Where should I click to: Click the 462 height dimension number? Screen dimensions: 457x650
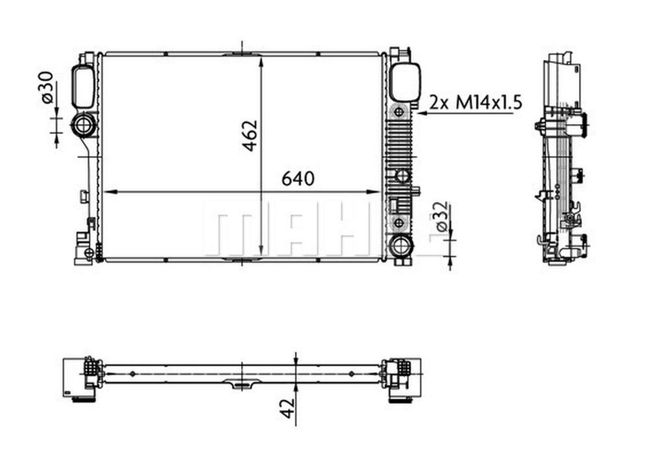click(x=250, y=135)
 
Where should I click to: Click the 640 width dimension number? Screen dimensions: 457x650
click(x=298, y=179)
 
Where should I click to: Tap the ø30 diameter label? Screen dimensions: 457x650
click(x=47, y=88)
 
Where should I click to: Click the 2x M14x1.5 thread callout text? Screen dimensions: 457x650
click(x=476, y=103)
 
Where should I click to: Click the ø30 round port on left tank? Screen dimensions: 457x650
click(x=83, y=125)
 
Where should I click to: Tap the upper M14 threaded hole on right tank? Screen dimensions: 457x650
click(x=399, y=112)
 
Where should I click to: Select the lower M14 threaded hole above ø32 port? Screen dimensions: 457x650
click(x=399, y=222)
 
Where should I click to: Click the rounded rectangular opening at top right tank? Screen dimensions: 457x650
click(x=405, y=82)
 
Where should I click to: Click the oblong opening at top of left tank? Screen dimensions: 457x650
click(x=83, y=87)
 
